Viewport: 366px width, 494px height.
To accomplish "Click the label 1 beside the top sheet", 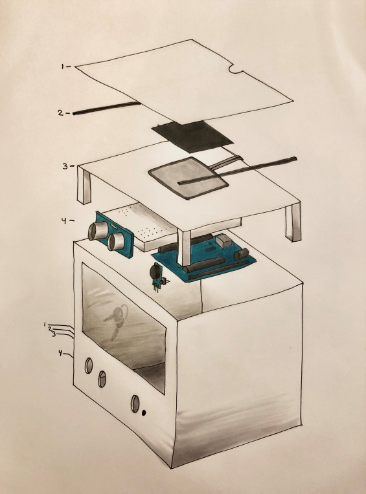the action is coord(63,67).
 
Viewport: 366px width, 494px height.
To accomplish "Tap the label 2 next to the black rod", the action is coord(61,113).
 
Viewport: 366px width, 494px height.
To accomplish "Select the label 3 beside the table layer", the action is coord(65,166).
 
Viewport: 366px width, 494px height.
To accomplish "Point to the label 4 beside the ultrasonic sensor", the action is coord(64,221).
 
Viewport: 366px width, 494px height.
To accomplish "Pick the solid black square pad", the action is coord(192,136).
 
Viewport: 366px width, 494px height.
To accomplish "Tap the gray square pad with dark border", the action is coord(189,178).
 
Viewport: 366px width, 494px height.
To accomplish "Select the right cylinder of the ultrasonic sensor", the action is coord(115,242).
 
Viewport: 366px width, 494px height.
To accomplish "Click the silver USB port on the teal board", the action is coord(224,242).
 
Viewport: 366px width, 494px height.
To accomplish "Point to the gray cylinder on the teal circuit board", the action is coord(242,253).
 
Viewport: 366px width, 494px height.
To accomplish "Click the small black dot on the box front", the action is coord(144,413).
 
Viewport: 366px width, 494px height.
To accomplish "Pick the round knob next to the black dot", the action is coord(135,403).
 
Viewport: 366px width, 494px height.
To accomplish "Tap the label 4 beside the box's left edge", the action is coord(60,353).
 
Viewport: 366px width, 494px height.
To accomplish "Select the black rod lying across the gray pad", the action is coord(237,170).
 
